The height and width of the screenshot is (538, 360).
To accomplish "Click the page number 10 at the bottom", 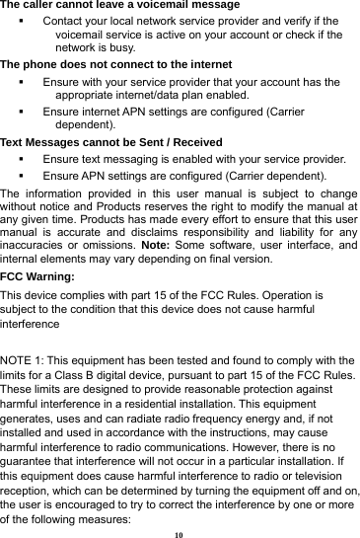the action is pyautogui.click(x=180, y=530).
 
